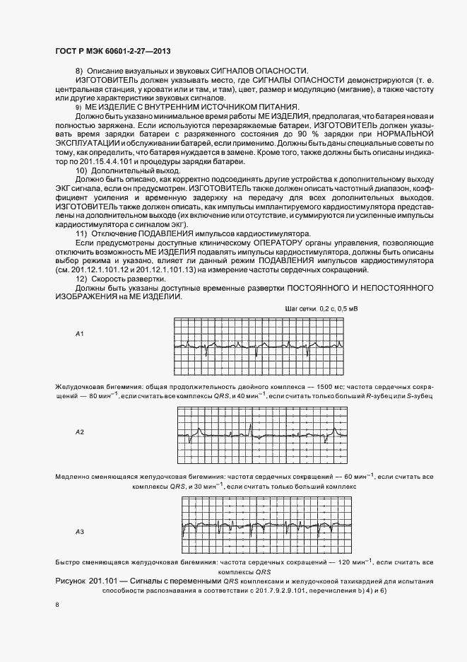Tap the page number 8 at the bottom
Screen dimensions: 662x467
coord(57,605)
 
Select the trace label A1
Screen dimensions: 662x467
coord(80,333)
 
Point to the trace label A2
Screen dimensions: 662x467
coord(80,431)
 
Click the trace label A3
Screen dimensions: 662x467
coord(80,530)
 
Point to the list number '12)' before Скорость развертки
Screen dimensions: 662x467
coord(81,279)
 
